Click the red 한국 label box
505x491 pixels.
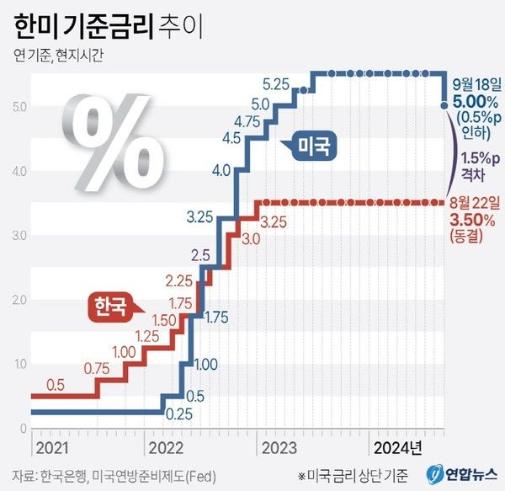point(110,307)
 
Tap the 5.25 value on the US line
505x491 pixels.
point(276,84)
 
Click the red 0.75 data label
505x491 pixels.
point(98,367)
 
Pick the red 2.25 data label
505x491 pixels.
point(179,280)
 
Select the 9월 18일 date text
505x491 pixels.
point(476,84)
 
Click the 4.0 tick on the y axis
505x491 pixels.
point(19,171)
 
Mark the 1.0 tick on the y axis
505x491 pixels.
point(19,364)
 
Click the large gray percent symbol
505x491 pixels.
point(118,136)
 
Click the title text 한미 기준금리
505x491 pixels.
point(84,27)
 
